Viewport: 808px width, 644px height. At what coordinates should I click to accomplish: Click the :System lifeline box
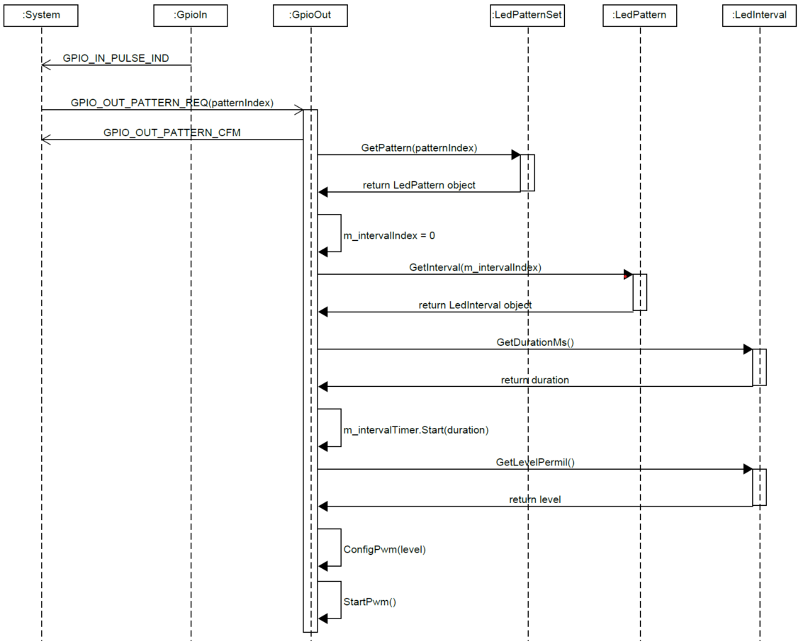41,15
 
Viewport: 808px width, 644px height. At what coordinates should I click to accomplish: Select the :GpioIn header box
191,15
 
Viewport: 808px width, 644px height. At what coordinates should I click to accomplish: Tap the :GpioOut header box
310,15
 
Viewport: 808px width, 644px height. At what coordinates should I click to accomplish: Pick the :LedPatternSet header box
527,15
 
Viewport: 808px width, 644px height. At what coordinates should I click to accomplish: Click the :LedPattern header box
639,15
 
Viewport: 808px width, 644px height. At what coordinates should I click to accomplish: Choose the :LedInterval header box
759,15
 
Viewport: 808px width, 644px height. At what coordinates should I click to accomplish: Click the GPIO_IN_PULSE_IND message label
116,58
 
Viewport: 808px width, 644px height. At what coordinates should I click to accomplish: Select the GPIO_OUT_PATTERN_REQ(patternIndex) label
172,103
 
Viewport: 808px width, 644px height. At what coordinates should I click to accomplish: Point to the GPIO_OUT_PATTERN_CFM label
172,132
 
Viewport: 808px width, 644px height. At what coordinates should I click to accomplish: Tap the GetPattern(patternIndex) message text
418,148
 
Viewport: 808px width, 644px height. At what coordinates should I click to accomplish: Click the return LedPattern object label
419,185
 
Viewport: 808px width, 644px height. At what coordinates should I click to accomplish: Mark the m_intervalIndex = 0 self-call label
389,235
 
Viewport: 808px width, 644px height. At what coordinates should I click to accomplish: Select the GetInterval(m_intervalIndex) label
475,267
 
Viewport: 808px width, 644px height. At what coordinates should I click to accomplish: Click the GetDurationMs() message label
534,342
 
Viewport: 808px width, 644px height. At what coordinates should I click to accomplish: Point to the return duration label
534,380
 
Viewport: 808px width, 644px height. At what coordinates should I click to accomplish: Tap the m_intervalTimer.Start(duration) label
416,430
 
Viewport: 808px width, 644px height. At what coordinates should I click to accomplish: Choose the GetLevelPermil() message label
534,462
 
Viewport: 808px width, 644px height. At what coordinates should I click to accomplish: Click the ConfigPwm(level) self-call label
384,549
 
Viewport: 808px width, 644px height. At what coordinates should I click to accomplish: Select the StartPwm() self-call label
369,602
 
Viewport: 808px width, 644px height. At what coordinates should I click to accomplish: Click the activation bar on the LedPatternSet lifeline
527,172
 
